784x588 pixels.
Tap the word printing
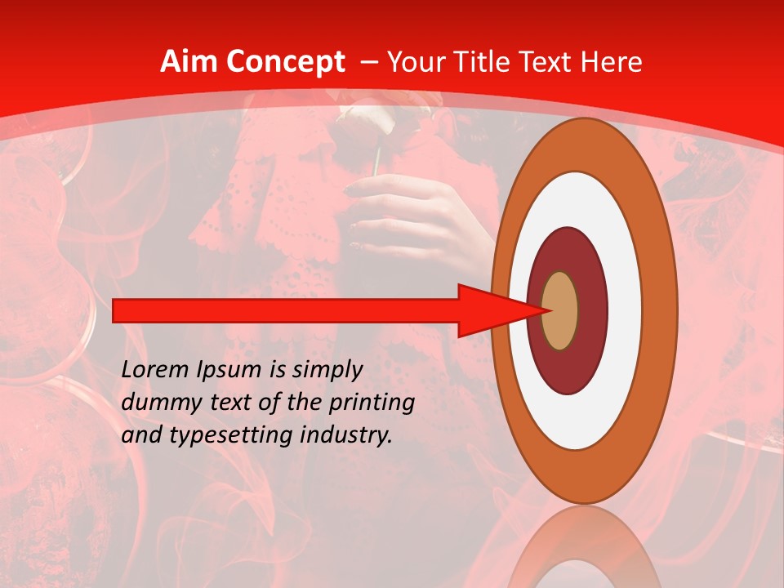(370, 403)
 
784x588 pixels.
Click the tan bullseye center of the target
(559, 310)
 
